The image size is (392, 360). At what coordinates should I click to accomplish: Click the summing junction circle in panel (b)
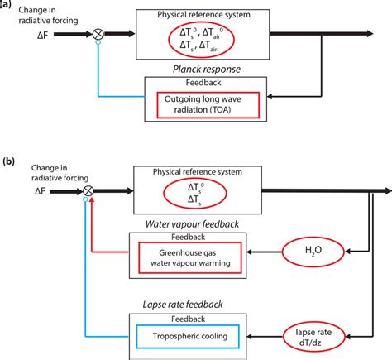point(89,192)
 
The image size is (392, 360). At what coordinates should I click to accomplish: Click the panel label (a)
point(7,5)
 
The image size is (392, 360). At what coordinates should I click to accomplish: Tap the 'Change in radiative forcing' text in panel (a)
point(36,14)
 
